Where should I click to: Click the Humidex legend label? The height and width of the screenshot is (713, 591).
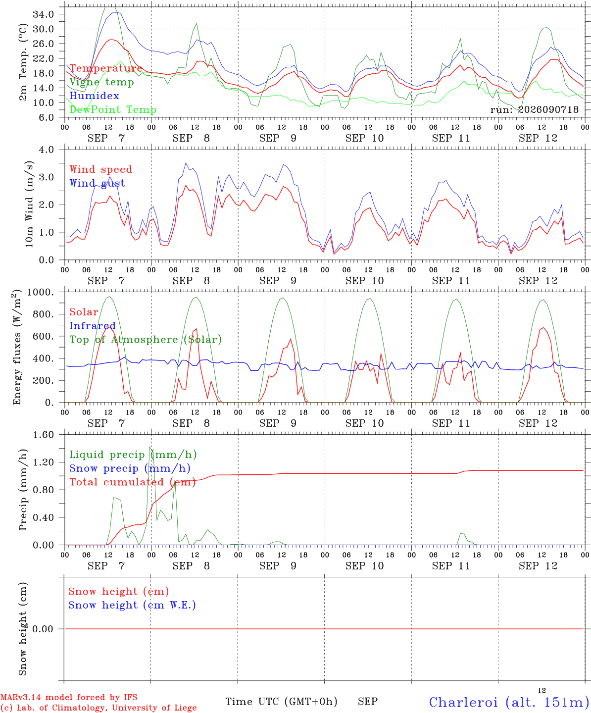tap(94, 96)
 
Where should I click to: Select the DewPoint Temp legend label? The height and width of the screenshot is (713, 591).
tap(113, 109)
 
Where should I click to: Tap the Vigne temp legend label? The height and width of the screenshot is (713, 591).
tap(102, 82)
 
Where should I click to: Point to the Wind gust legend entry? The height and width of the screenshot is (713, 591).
tap(98, 183)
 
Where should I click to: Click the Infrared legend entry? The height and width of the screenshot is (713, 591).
tap(93, 326)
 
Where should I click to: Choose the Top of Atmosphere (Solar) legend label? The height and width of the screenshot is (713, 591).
tap(146, 340)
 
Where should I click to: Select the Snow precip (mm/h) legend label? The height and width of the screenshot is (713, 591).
tap(130, 468)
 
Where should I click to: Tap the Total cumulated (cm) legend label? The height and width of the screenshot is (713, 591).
tap(133, 482)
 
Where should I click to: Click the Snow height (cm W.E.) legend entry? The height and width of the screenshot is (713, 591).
tap(132, 605)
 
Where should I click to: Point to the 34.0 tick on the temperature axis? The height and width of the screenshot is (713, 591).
tap(44, 14)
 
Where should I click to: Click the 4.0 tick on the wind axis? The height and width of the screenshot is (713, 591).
tap(46, 150)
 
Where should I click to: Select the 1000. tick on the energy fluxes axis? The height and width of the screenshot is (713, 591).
tap(41, 292)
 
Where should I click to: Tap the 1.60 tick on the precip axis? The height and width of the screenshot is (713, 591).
tap(44, 435)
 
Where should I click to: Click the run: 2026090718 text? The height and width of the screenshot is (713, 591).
tap(534, 109)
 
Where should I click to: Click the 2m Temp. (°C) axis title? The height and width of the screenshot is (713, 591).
tap(23, 62)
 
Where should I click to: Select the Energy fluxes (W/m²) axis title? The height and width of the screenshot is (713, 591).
tap(17, 347)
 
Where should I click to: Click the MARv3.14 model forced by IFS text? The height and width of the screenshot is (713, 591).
tap(69, 697)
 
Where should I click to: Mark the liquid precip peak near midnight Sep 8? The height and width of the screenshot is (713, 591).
tap(150, 447)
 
